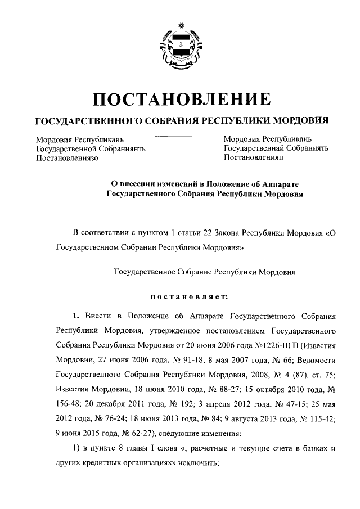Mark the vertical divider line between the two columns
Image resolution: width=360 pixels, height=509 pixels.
[181, 148]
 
